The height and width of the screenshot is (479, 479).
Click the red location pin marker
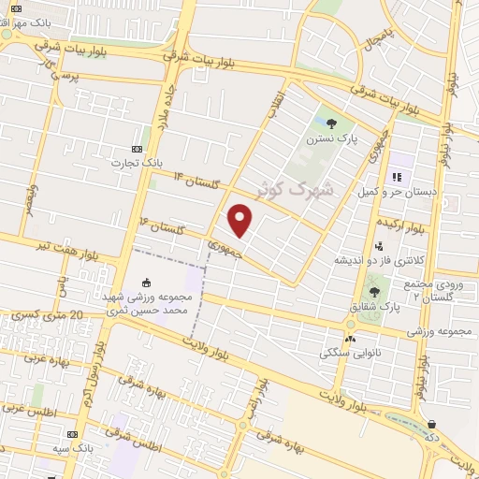(x=241, y=221)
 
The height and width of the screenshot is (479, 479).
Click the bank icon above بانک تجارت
(x=138, y=150)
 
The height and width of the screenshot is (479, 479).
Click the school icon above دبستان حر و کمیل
(x=397, y=176)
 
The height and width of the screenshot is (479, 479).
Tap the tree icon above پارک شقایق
(x=374, y=292)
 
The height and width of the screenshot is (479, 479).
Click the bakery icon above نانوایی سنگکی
(x=350, y=338)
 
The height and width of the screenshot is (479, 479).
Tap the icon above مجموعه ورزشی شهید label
(x=147, y=282)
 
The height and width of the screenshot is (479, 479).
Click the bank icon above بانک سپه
(x=72, y=435)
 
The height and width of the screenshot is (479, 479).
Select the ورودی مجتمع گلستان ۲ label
(x=439, y=289)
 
